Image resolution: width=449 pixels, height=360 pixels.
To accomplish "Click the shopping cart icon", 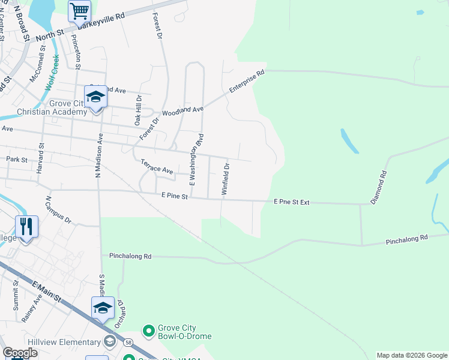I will pos(79,11).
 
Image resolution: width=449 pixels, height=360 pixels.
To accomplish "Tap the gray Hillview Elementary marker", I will pos(109,342).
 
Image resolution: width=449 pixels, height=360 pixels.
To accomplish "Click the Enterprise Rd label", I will pos(247,82).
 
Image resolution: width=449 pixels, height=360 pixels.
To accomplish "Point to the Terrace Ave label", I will pos(157,167).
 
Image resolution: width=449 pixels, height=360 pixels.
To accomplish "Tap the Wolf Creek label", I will pos(52,73).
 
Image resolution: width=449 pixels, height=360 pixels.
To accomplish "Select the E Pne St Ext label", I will pos(291,202).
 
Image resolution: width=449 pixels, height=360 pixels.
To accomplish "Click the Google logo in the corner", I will pos(20,353).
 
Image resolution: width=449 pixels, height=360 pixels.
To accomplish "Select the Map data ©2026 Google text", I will pos(411,355).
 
